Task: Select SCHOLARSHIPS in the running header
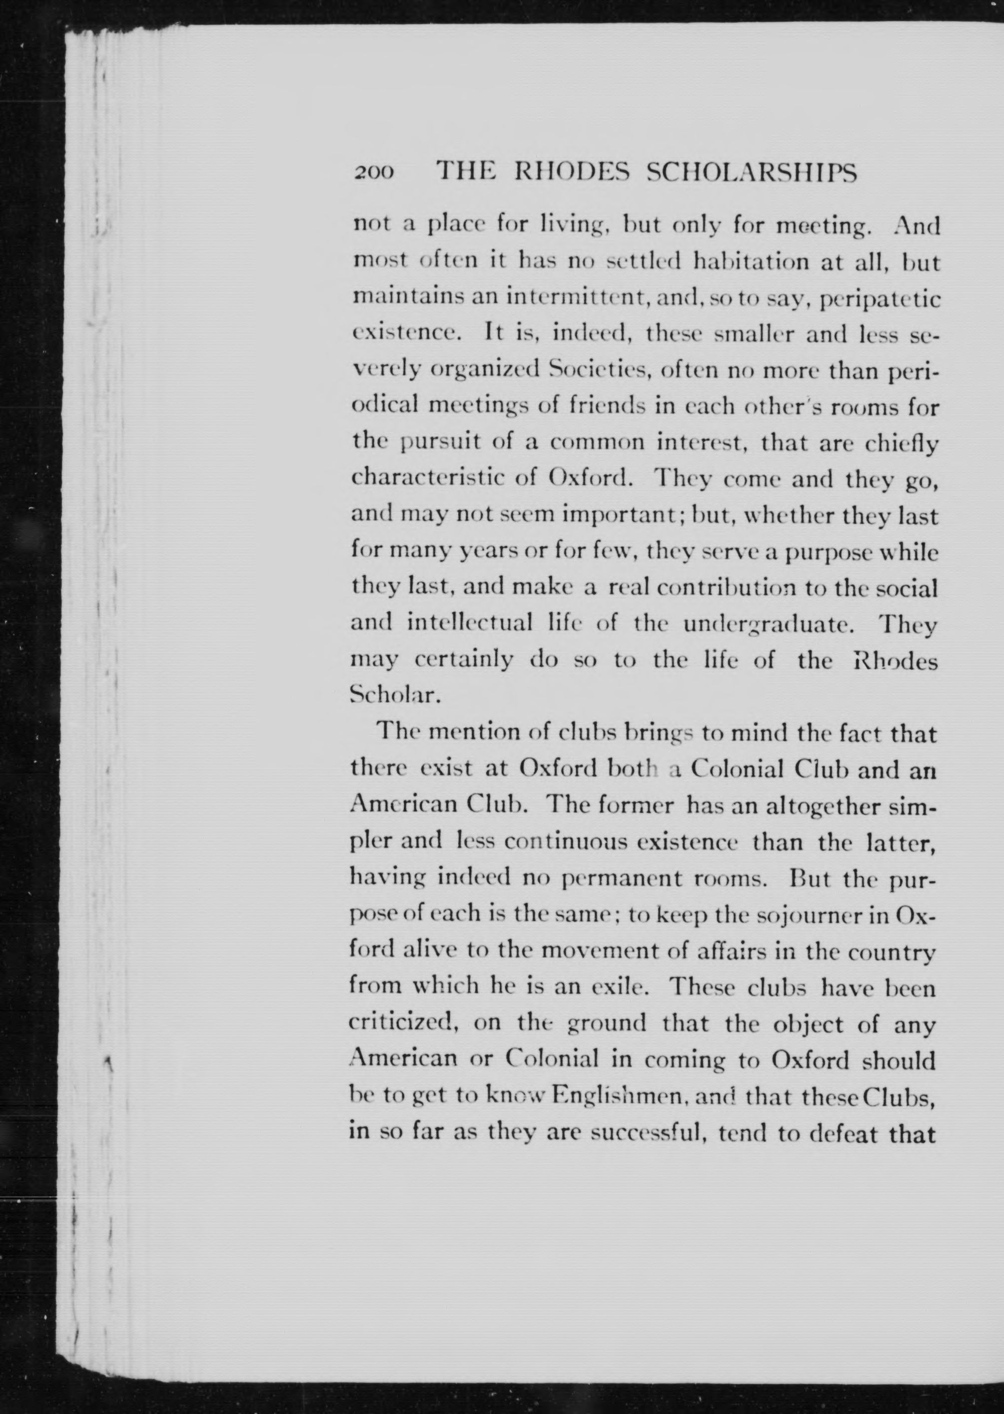coord(751,172)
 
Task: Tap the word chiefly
coord(902,444)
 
